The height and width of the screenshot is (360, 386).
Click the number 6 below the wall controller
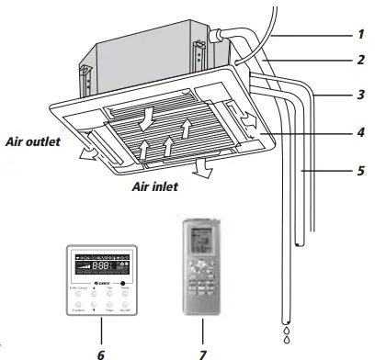pos(100,349)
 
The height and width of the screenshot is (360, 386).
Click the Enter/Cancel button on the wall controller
pos(76,295)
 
